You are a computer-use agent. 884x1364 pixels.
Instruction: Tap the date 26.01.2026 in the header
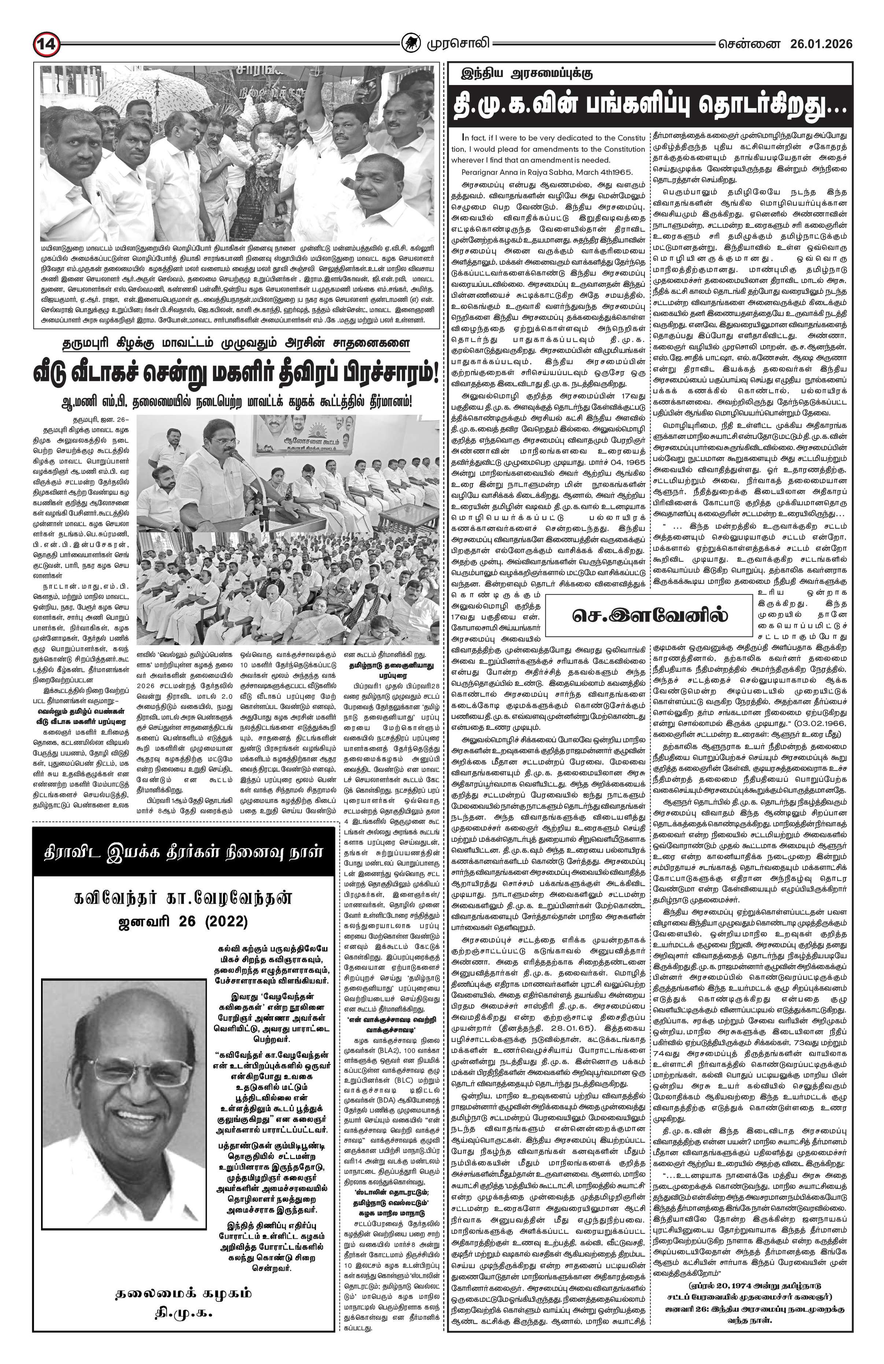820,44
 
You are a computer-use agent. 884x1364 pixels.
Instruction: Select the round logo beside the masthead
410,44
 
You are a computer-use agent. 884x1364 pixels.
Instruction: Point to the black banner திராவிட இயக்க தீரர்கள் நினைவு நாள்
183,852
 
